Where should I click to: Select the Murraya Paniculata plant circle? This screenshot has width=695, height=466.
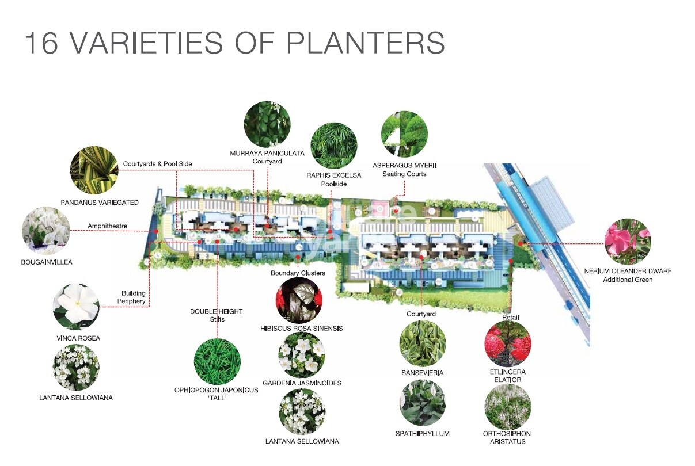267,124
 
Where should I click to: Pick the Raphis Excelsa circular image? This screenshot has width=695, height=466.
333,145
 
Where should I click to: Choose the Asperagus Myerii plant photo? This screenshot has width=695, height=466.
404,135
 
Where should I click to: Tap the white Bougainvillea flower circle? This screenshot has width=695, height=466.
46,231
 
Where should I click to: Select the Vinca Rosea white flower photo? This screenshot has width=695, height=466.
76,307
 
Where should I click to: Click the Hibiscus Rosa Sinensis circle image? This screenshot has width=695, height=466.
298,300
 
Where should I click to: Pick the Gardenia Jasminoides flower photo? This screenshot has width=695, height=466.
302,355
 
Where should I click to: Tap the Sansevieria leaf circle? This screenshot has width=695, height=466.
423,343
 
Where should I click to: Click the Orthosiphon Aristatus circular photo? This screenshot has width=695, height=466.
507,407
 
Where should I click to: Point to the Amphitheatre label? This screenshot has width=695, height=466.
107,226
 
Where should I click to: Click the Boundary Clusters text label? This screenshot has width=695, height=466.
298,273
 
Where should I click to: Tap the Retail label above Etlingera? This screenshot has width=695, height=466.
511,318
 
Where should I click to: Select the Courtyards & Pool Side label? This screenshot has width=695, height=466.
157,164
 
